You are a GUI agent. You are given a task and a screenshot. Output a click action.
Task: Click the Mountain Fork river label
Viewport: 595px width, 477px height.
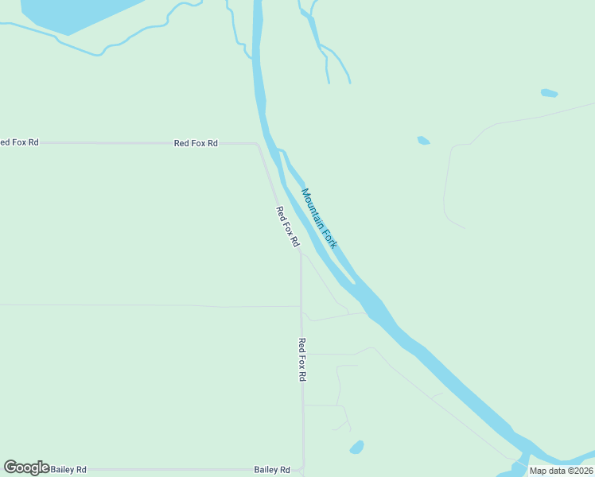pos(319,218)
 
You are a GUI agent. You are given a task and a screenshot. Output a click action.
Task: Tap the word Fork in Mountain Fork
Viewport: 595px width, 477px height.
pos(329,235)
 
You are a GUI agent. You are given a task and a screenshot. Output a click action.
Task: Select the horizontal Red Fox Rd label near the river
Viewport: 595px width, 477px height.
pos(196,143)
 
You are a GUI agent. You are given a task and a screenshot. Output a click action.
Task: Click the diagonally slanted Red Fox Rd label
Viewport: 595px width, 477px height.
pos(286,226)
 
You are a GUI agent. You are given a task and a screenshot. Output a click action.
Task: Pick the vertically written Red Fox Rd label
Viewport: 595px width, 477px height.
pos(301,359)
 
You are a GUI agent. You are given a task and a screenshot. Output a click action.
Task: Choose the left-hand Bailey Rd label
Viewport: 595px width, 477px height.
pos(68,470)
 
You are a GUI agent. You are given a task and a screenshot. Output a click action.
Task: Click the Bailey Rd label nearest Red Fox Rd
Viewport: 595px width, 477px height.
pos(272,470)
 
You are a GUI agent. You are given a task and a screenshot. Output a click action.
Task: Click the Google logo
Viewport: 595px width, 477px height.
pos(26,467)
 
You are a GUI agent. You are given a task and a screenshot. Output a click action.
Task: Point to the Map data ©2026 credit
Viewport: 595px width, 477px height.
pos(561,471)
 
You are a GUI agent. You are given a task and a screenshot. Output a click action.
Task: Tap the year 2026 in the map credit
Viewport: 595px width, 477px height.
pos(580,471)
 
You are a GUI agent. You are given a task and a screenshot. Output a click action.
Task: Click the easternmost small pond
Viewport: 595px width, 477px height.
pos(549,93)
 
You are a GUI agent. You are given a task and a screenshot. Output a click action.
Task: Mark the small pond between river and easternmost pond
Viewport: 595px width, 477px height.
pos(423,141)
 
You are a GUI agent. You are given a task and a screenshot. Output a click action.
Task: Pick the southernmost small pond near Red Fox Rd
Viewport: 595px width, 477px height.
pos(357,447)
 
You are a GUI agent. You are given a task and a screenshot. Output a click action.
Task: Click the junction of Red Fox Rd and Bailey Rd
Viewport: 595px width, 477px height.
pos(302,470)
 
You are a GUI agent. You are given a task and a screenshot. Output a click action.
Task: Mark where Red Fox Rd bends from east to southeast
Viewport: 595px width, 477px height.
pos(257,145)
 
